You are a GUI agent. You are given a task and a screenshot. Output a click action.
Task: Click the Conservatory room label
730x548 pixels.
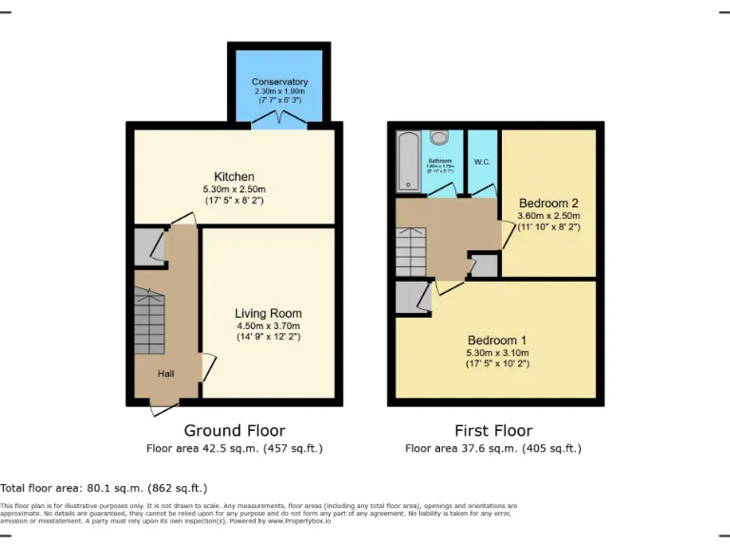tap(279, 82)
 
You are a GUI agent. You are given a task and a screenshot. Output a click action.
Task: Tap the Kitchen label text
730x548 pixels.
tap(234, 177)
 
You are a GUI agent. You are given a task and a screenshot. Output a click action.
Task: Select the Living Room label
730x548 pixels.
tap(269, 313)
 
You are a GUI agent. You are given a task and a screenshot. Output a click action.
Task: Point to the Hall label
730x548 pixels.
tap(166, 374)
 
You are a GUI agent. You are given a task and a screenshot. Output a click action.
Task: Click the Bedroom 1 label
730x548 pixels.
tap(496, 340)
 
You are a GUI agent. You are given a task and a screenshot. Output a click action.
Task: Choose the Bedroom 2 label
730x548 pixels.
tap(548, 203)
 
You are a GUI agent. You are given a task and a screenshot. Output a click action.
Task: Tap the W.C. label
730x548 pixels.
tap(482, 162)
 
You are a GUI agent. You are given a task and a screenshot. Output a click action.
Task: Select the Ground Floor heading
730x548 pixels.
tap(234, 431)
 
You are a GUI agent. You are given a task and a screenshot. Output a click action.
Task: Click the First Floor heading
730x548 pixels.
tap(493, 431)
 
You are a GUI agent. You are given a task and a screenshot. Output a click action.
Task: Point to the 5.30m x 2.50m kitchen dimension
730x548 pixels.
tap(234, 190)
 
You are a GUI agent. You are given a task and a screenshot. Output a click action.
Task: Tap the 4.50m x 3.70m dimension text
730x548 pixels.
tap(269, 325)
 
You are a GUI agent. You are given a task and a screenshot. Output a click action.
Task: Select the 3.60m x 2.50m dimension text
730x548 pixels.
tap(548, 216)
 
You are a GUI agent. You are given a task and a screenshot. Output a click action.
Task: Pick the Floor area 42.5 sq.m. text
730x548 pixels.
tap(234, 448)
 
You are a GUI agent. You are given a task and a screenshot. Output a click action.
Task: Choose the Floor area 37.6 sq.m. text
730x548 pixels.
tap(493, 448)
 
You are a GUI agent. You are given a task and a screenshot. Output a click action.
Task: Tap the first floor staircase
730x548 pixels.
tap(413, 251)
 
